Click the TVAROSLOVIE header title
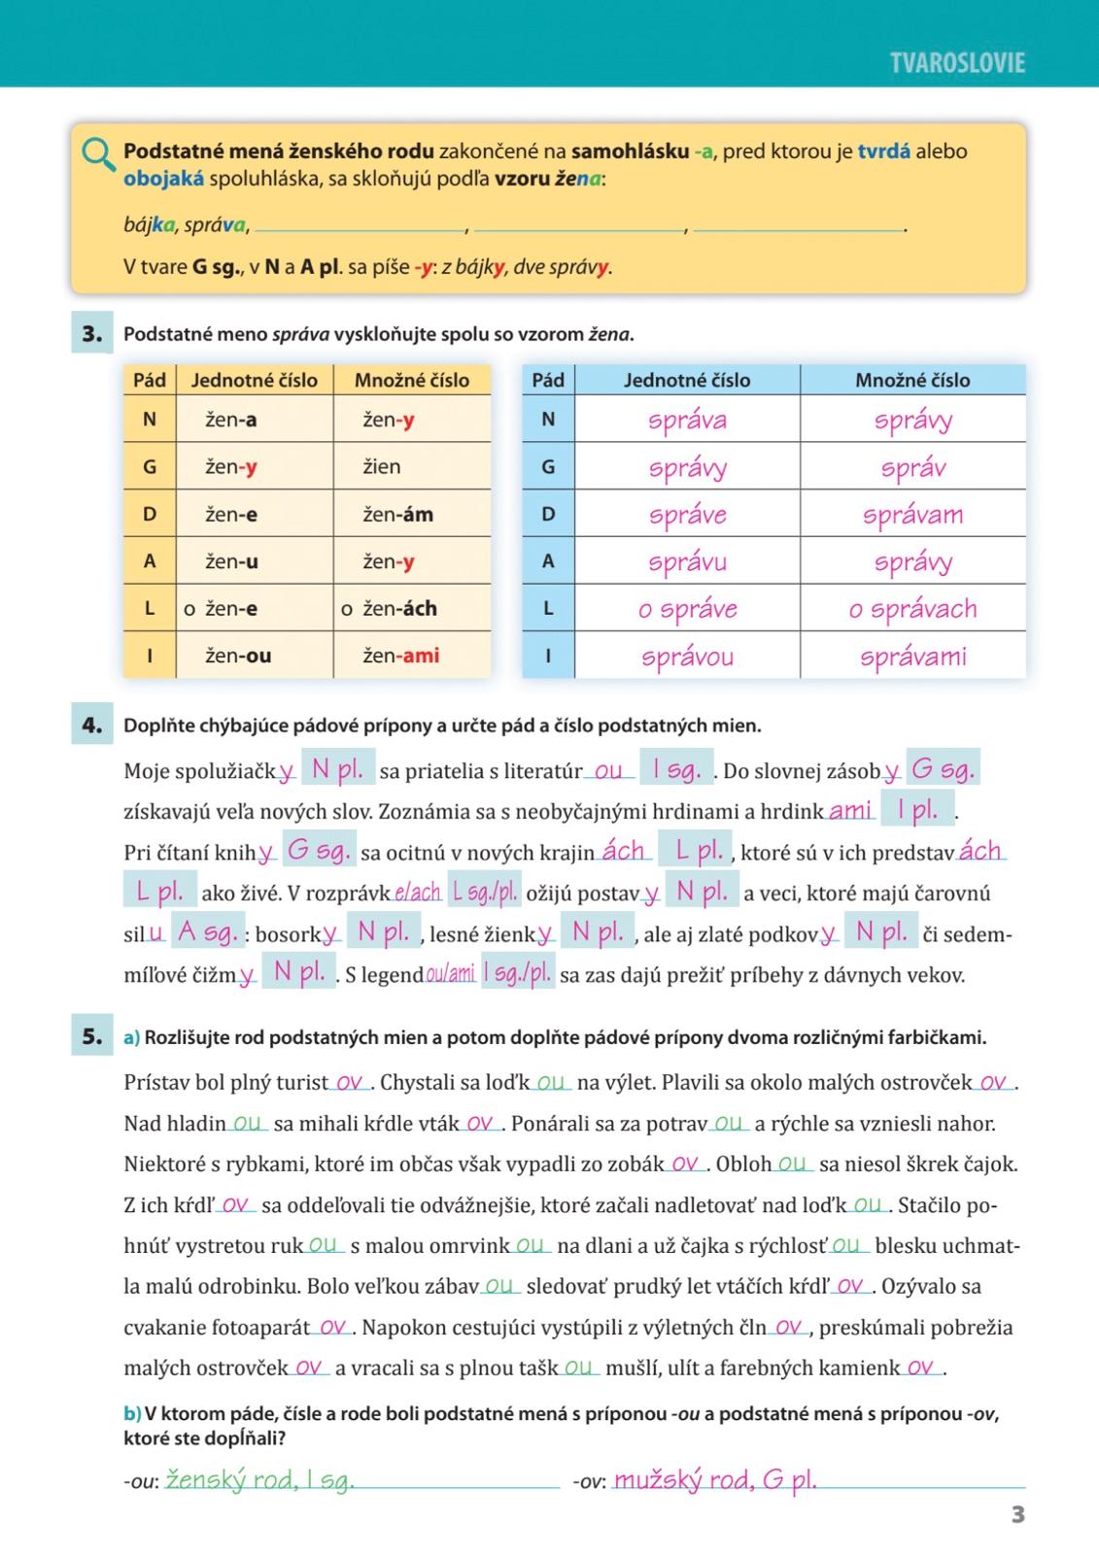[956, 63]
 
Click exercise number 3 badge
[92, 334]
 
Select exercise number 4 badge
[92, 725]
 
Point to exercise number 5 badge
[92, 1036]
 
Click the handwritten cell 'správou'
[687, 657]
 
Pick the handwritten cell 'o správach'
[912, 609]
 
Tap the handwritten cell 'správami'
[912, 657]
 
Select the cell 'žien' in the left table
[382, 467]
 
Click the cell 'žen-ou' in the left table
[238, 656]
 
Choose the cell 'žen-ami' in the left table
[400, 656]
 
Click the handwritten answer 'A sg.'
[207, 932]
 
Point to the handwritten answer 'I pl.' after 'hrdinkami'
[917, 810]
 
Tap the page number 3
[1017, 1514]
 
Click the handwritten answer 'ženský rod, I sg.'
[259, 1480]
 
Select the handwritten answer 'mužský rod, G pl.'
[715, 1480]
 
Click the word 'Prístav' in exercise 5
[157, 1082]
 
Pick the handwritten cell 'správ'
[912, 468]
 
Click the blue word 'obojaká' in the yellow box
[163, 179]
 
